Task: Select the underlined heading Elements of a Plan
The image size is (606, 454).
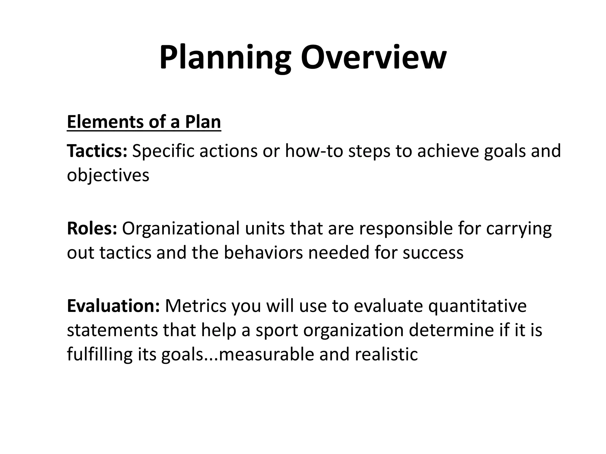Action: pyautogui.click(x=144, y=122)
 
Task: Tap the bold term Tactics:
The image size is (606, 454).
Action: pyautogui.click(x=97, y=151)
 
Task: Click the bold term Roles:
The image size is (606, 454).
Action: pyautogui.click(x=92, y=228)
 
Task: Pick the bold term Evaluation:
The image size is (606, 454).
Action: pyautogui.click(x=113, y=306)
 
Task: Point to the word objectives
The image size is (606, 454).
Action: pyautogui.click(x=108, y=176)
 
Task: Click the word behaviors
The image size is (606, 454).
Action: pyautogui.click(x=263, y=253)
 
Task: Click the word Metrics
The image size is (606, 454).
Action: pyautogui.click(x=196, y=306)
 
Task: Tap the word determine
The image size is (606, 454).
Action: pyautogui.click(x=449, y=330)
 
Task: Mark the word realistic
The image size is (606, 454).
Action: pyautogui.click(x=386, y=354)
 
